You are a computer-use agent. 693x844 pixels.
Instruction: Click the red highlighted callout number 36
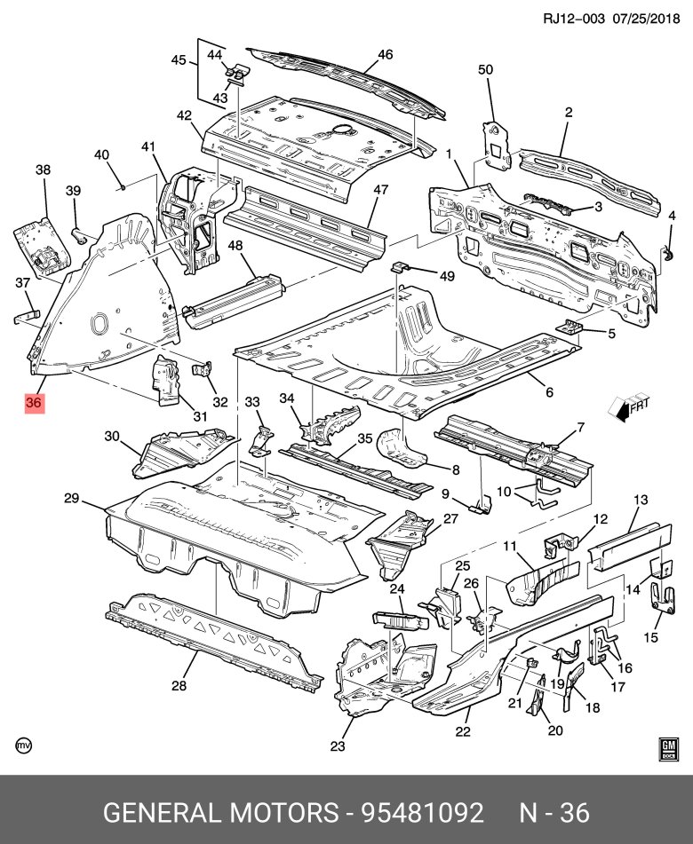point(34,403)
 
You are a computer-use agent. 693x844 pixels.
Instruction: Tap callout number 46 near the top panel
point(385,54)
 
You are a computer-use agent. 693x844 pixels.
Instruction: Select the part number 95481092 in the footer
point(421,812)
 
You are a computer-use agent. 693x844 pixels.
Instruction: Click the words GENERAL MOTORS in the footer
point(222,812)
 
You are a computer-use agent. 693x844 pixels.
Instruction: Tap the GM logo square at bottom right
point(668,748)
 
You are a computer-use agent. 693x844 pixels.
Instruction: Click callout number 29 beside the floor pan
point(72,499)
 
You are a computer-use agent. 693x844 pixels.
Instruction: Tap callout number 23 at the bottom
point(337,746)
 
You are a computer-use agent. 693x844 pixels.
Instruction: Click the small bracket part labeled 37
point(27,314)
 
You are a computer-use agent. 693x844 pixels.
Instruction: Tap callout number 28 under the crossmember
point(179,684)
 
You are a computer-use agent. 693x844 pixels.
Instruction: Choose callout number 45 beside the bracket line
point(179,60)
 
